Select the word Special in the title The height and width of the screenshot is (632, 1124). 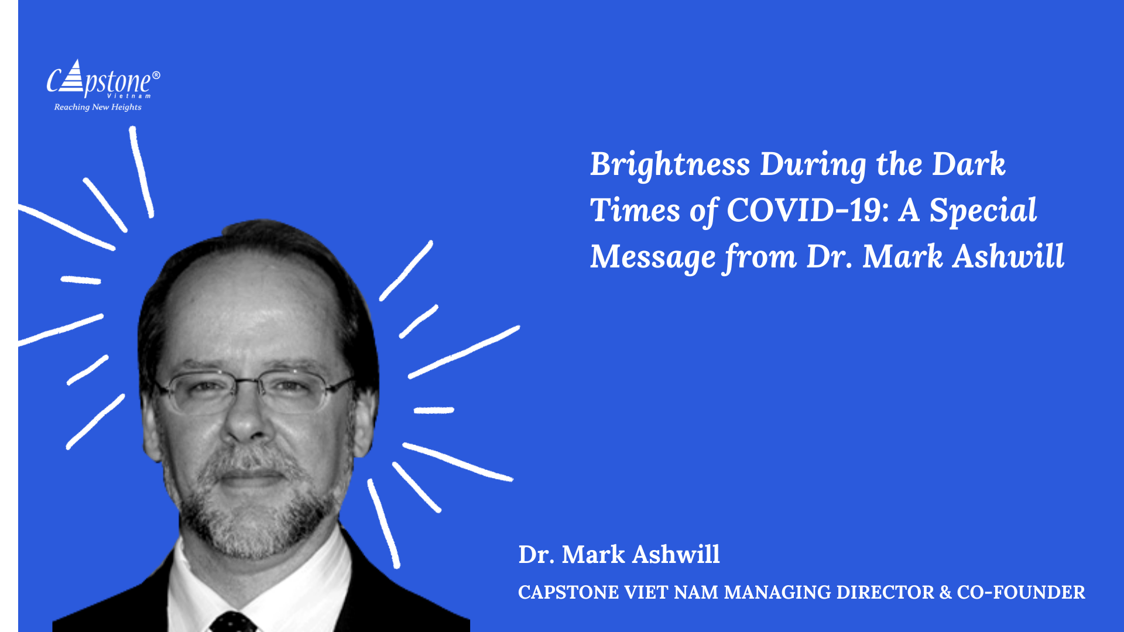[983, 211]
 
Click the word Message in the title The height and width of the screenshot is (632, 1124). [653, 258]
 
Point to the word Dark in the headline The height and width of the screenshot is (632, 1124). [969, 164]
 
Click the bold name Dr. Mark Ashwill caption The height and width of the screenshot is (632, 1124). [619, 554]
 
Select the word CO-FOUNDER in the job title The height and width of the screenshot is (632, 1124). [1021, 592]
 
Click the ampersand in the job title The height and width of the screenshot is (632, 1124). [945, 592]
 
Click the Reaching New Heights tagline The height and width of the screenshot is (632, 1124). [98, 107]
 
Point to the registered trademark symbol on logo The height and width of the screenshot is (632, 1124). [156, 75]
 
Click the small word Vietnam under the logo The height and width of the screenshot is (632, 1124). [129, 96]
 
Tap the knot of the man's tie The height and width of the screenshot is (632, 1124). [233, 621]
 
